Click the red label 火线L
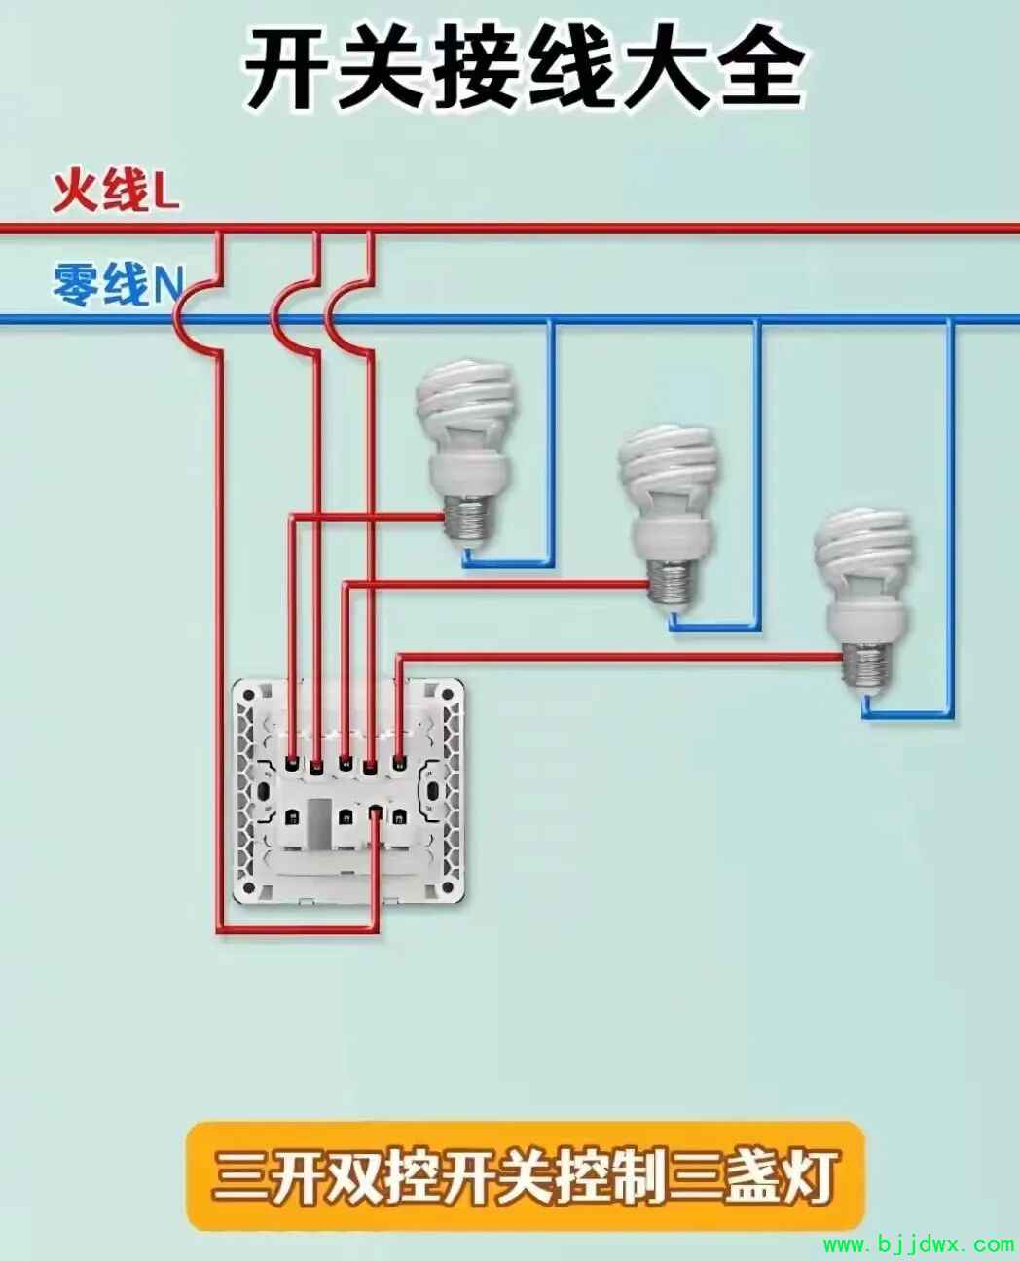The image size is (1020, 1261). tap(116, 191)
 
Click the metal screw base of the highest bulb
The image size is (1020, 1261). tap(468, 521)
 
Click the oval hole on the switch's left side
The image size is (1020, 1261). tap(262, 791)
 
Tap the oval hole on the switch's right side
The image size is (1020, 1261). tap(433, 791)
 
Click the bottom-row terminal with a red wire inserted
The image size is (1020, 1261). tap(374, 816)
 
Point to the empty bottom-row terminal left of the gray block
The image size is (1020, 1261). tap(292, 817)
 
